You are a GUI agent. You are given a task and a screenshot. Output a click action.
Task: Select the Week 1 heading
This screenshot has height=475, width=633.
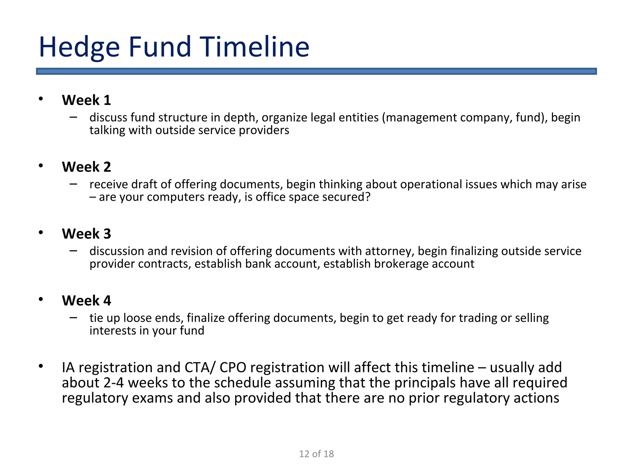(86, 100)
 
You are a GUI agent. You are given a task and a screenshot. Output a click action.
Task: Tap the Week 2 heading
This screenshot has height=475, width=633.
(86, 167)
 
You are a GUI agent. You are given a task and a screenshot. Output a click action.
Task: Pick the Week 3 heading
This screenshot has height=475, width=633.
(86, 234)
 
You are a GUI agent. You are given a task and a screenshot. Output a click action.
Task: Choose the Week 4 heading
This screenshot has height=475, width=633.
(86, 301)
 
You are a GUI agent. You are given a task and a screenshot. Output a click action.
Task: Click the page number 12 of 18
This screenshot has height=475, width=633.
(316, 454)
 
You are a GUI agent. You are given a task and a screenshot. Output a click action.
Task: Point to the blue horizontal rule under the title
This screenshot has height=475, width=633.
(316, 71)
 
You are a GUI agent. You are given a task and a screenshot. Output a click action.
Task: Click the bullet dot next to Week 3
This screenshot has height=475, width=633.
(41, 233)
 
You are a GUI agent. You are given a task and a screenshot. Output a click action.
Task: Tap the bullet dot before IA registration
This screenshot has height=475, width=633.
(41, 366)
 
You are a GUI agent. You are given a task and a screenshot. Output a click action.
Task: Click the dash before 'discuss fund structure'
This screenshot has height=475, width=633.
(73, 117)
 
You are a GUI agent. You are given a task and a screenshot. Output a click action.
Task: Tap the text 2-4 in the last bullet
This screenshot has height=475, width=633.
(113, 383)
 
